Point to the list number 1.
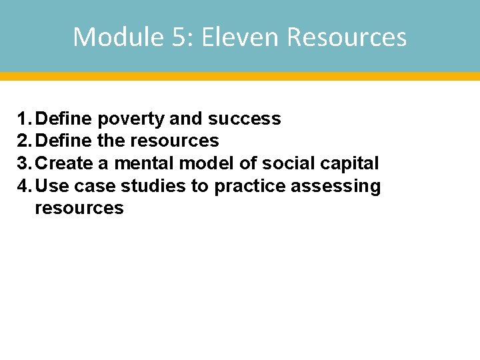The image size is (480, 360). [23, 119]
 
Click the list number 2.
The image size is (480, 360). [23, 141]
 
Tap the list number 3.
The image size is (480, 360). [23, 163]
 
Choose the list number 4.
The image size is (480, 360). [23, 186]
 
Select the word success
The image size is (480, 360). [244, 119]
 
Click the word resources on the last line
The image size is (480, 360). [79, 208]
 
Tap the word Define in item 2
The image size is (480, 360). [65, 141]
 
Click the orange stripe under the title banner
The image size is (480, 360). [240, 76]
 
